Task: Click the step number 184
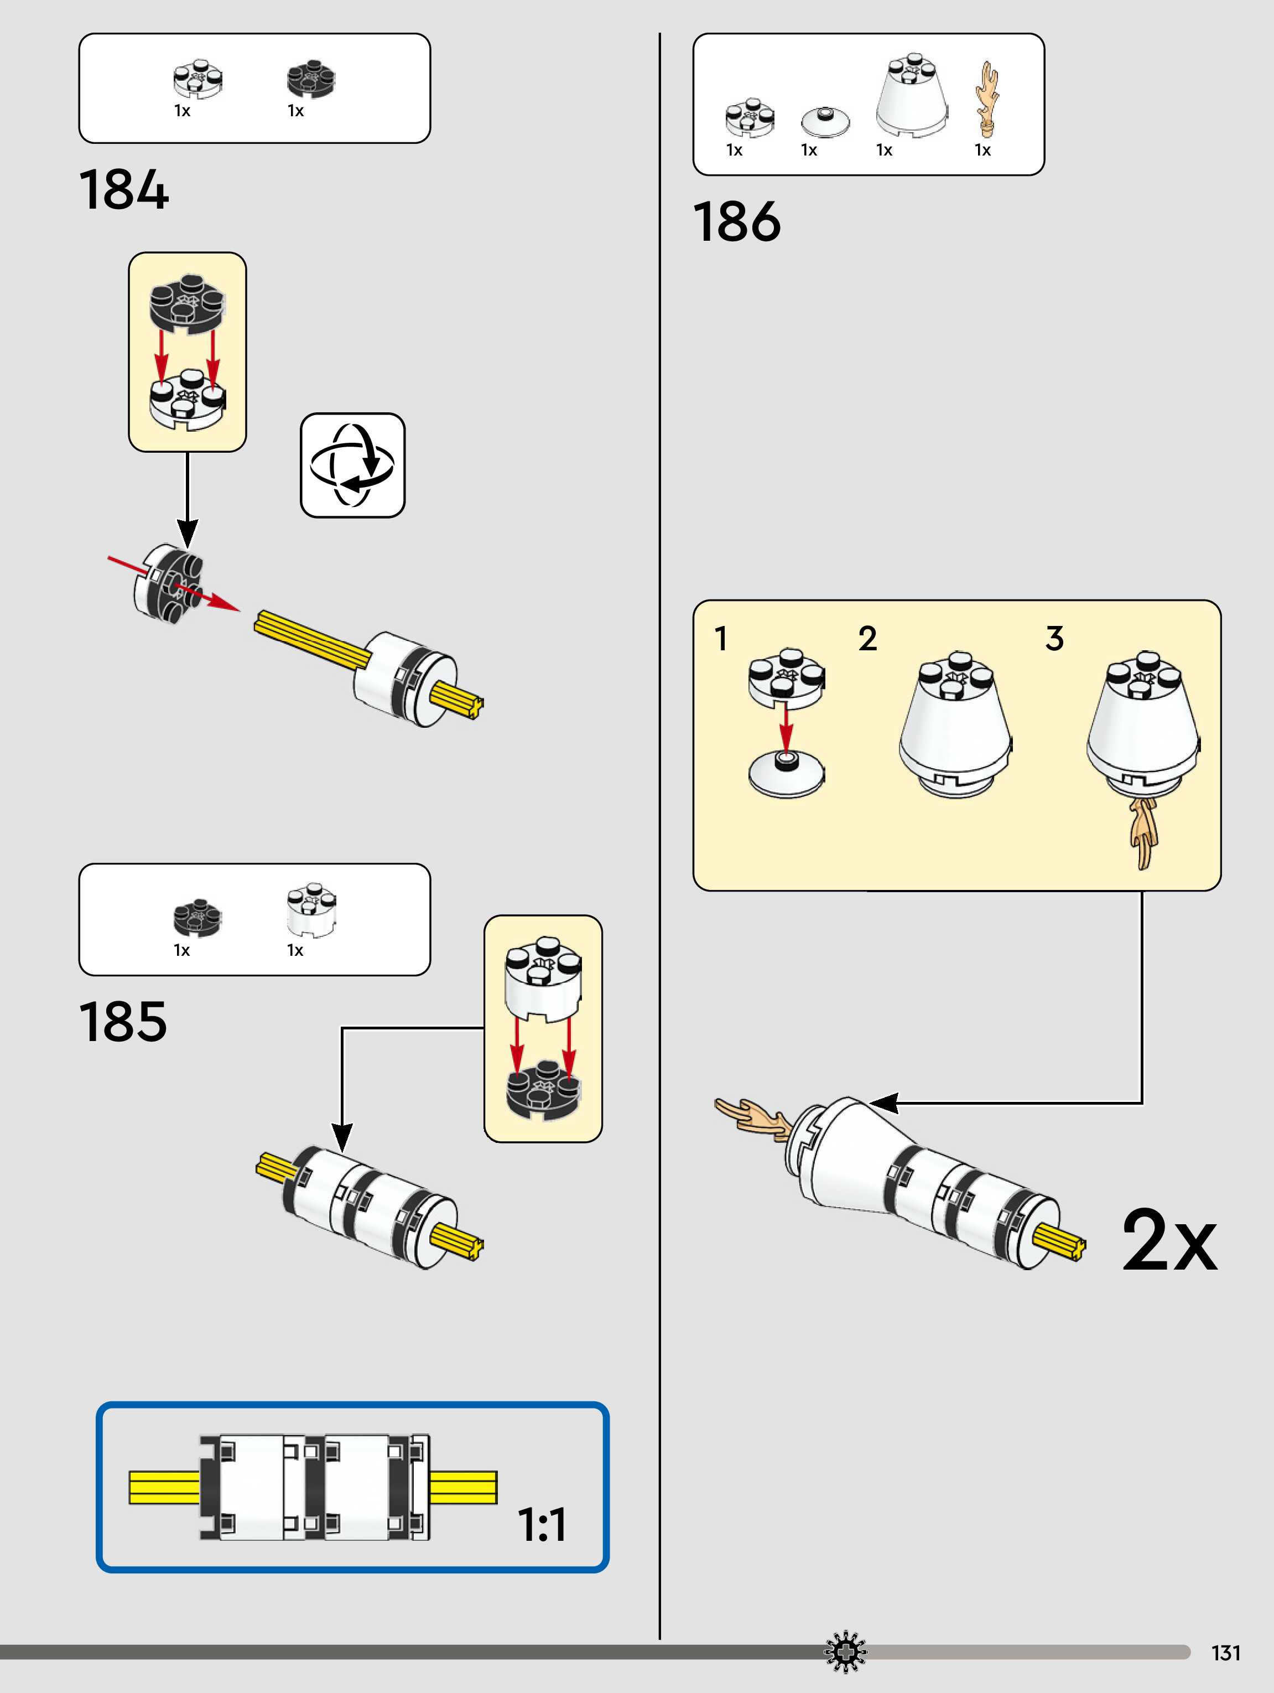[x=123, y=190]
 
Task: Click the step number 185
[x=122, y=1022]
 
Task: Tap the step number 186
[x=737, y=222]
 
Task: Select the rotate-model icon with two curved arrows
[x=353, y=465]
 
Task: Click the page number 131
[x=1225, y=1653]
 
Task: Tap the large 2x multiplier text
[x=1168, y=1241]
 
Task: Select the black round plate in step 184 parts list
[x=311, y=79]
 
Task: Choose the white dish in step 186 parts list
[x=825, y=121]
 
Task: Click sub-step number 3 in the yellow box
[x=1054, y=638]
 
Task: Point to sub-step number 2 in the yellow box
[x=867, y=638]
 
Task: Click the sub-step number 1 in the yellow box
[x=721, y=638]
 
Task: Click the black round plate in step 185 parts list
[x=197, y=916]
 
